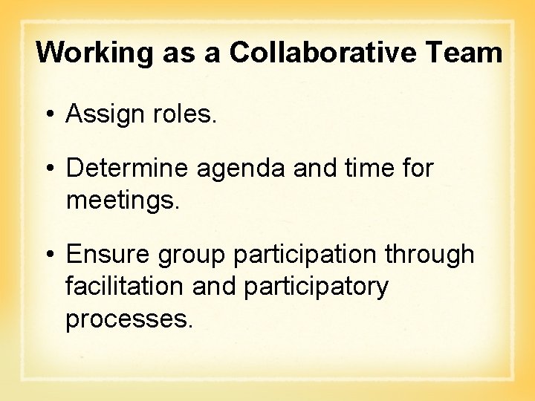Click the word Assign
click(103, 114)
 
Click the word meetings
click(123, 200)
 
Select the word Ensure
click(106, 254)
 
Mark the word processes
click(129, 319)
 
